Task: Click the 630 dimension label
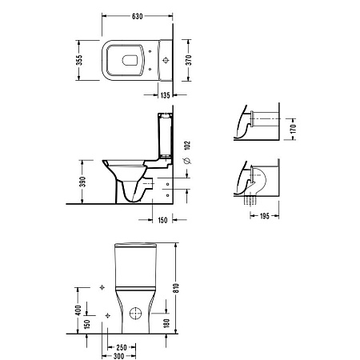(x=138, y=16)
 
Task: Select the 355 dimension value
(x=79, y=60)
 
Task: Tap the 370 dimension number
(x=188, y=60)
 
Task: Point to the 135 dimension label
(x=166, y=95)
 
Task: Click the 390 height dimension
(x=83, y=182)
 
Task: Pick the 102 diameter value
(x=187, y=146)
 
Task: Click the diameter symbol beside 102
(x=187, y=161)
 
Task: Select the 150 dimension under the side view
(x=162, y=220)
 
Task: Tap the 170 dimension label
(x=294, y=129)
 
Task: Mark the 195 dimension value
(x=265, y=216)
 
